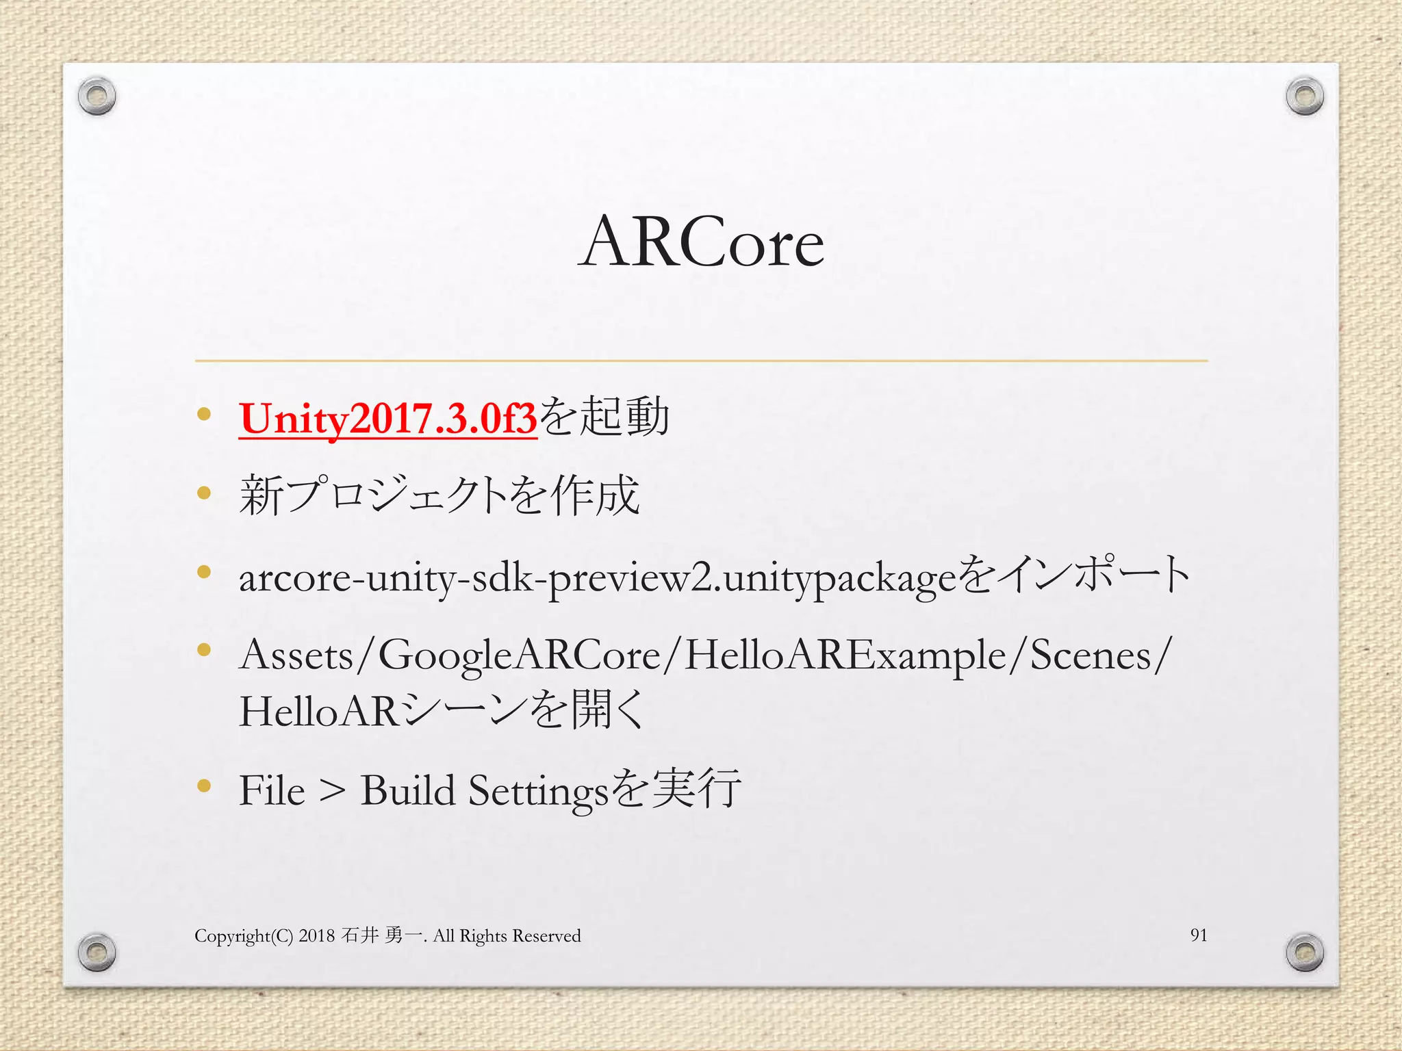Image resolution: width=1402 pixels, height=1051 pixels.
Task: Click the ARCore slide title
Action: pos(701,242)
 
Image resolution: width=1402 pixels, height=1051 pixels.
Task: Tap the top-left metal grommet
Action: pos(97,96)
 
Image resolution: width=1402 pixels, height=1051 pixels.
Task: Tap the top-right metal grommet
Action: pos(1304,96)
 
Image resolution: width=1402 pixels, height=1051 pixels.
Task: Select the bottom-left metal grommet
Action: pos(97,952)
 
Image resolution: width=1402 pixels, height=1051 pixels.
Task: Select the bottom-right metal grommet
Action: pos(1304,952)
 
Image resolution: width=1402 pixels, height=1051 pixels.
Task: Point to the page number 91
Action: pos(1198,935)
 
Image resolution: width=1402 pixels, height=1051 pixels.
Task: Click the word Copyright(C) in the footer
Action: pos(244,936)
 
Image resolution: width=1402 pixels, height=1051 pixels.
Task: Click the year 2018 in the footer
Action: pos(316,935)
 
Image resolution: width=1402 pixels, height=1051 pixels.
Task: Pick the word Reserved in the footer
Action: pos(546,935)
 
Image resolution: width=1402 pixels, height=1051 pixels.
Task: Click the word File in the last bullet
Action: pos(272,790)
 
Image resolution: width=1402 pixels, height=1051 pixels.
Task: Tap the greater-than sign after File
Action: pos(332,791)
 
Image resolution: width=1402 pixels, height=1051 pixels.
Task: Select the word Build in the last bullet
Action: pos(407,790)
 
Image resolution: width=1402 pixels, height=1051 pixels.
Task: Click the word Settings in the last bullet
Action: pos(538,792)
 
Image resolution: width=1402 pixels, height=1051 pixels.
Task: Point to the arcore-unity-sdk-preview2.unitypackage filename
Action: pos(596,578)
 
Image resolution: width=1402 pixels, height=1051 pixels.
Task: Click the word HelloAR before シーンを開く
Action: pos(318,711)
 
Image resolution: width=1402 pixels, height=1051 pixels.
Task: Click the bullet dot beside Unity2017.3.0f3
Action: pos(203,414)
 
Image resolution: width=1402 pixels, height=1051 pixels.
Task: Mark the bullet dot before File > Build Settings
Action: pos(203,786)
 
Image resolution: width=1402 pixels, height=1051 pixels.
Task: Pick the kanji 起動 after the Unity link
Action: pos(624,417)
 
